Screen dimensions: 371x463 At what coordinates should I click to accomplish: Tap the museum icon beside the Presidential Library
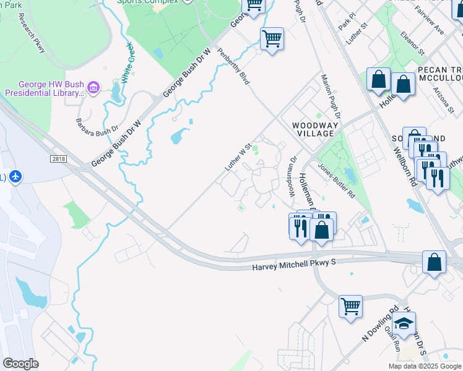click(93, 88)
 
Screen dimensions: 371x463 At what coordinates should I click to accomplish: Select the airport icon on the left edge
click(15, 177)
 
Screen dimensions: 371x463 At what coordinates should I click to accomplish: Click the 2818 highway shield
click(59, 159)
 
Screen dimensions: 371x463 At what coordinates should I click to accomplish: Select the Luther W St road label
click(239, 158)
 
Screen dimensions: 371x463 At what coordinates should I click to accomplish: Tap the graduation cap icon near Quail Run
click(404, 323)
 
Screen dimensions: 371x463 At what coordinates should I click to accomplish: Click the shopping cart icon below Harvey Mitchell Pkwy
click(350, 305)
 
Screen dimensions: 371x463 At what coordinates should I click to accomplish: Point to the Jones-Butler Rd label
click(335, 180)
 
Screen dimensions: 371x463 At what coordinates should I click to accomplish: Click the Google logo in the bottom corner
click(20, 363)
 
